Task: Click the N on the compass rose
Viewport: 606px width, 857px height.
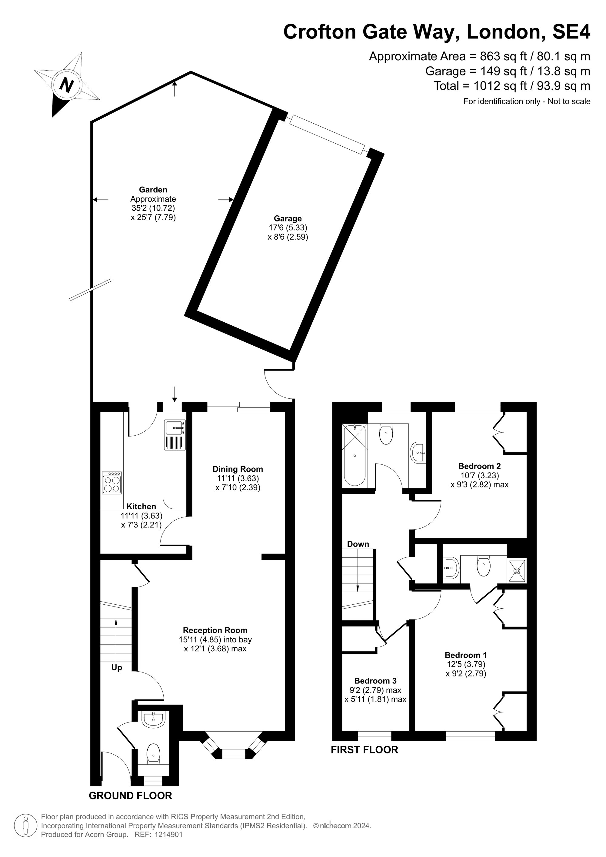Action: [66, 85]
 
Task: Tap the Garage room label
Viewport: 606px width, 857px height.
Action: [288, 218]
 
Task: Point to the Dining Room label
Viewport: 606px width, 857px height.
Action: [238, 469]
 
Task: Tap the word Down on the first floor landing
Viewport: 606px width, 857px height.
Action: [358, 544]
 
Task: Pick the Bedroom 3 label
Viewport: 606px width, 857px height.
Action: [375, 681]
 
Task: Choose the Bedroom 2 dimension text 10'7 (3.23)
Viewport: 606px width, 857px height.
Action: [480, 475]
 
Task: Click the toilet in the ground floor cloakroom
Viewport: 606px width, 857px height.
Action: [153, 754]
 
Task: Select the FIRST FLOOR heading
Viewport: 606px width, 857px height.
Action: [365, 749]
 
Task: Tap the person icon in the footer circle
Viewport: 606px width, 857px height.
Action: [25, 836]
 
